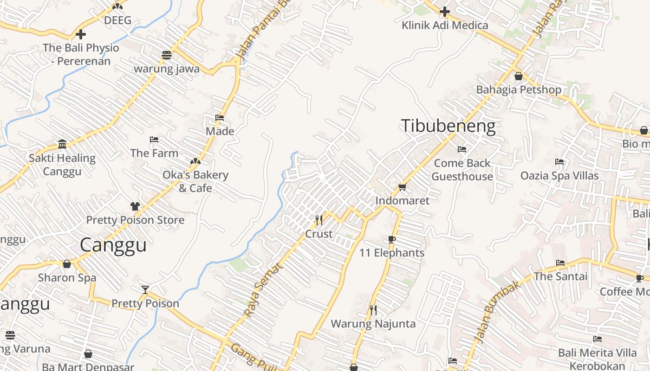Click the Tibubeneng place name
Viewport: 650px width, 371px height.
coord(448,126)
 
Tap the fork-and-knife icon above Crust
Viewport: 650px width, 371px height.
coord(319,220)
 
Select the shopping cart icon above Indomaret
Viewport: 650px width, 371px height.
coord(402,187)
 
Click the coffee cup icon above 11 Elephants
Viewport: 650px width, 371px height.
coord(391,239)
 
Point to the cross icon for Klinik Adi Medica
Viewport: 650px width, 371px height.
coord(445,12)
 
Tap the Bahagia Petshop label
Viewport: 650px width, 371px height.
coord(519,90)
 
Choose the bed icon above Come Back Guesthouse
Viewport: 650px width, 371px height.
coord(462,149)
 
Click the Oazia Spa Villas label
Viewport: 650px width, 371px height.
coord(559,176)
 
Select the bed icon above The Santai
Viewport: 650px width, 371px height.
coord(560,263)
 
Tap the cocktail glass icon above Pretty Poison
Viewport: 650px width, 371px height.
coord(145,290)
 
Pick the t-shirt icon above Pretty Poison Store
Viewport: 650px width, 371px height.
coord(135,206)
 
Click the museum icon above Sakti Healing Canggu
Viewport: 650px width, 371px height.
coord(62,144)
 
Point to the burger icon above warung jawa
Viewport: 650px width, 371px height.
coord(167,55)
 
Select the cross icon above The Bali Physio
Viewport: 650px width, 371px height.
coord(81,34)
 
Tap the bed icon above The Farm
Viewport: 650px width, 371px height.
coord(154,140)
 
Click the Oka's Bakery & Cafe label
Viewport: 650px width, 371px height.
coord(195,181)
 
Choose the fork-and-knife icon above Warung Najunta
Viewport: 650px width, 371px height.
coord(373,310)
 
